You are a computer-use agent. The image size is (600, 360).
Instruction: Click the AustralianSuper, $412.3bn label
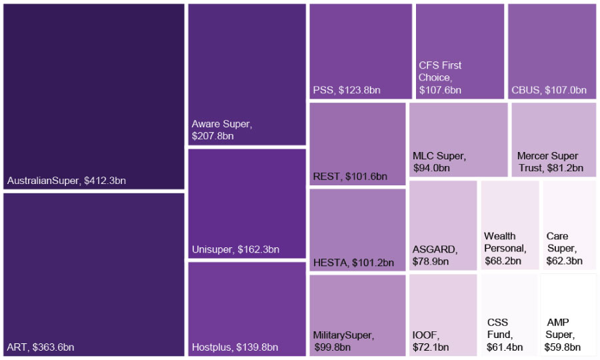coord(66,181)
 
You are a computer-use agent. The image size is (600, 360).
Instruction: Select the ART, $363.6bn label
coord(41,347)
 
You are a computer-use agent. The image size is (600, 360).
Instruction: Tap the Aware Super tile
coord(247,74)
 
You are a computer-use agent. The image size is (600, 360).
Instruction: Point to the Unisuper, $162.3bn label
coord(235,250)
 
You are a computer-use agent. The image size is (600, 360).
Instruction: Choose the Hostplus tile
coord(247,308)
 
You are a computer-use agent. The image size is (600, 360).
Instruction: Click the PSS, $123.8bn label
coord(347,90)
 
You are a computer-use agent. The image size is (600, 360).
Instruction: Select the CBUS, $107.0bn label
coord(549,90)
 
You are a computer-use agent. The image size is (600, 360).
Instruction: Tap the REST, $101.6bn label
coord(350,177)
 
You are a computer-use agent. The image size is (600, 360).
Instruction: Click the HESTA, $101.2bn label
coord(353,263)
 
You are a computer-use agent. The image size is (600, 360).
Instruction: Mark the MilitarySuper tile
coord(357,315)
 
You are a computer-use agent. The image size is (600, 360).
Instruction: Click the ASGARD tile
coord(443,225)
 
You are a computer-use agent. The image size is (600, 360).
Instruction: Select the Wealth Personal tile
coord(509,225)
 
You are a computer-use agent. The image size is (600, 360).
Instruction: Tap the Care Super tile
coord(569,225)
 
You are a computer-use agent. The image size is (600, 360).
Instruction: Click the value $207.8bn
coord(213,136)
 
